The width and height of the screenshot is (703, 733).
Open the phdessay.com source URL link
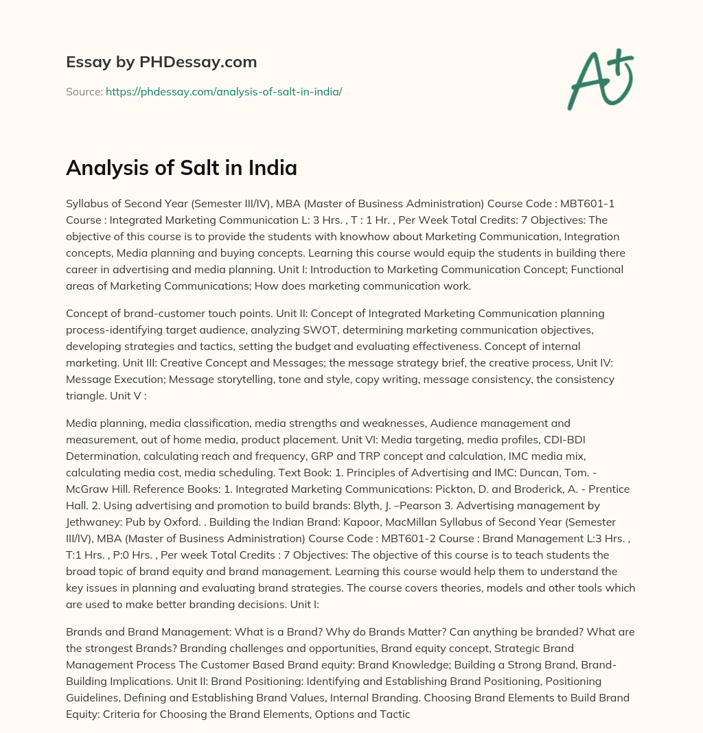coord(224,91)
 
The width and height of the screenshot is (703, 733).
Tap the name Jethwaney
coord(96,522)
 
